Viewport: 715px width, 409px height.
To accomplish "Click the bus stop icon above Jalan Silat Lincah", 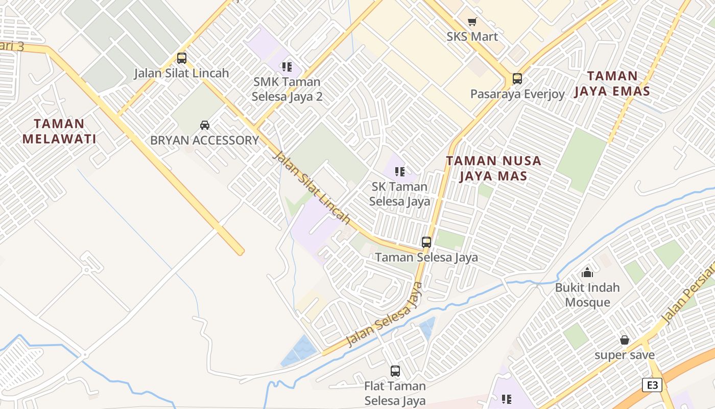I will tap(182, 58).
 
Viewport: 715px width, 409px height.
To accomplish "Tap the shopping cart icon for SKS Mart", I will tap(472, 22).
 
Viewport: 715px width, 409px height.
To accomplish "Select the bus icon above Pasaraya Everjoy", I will tap(517, 79).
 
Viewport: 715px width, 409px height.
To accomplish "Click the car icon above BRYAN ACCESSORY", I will tap(205, 125).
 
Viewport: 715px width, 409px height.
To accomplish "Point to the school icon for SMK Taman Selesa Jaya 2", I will tap(287, 66).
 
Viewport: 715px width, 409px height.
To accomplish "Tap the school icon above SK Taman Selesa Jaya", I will tap(400, 171).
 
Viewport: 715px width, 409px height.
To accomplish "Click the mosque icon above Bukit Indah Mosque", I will tap(587, 272).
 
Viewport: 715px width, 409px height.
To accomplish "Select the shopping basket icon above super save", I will tap(625, 340).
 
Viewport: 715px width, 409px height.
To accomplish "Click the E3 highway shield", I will tap(653, 385).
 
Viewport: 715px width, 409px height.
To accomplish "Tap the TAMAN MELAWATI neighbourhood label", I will tap(59, 131).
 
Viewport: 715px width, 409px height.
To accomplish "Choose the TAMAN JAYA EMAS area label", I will tap(612, 84).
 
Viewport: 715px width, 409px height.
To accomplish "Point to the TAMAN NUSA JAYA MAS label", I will tap(493, 168).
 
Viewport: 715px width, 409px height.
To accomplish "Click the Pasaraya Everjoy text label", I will tap(517, 94).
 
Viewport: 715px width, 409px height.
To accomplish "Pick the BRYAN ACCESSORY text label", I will tap(205, 140).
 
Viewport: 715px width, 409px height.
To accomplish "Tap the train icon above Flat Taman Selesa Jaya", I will tap(395, 371).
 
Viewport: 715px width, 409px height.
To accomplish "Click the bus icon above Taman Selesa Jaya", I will tap(426, 242).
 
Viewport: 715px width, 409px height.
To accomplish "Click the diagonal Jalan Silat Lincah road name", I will tap(312, 187).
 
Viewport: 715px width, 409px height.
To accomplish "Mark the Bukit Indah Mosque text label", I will tap(587, 294).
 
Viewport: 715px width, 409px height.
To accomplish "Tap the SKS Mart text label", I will tap(472, 37).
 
